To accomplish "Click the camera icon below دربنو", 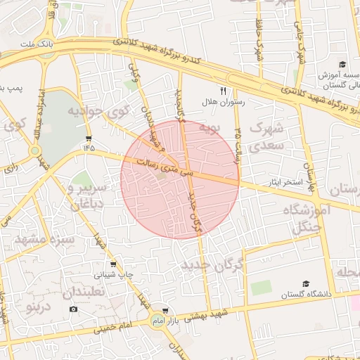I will coord(73,309).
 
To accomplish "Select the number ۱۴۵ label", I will coord(89,148).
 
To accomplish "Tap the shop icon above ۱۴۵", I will coord(89,137).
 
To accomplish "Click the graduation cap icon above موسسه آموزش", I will coord(342,64).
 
